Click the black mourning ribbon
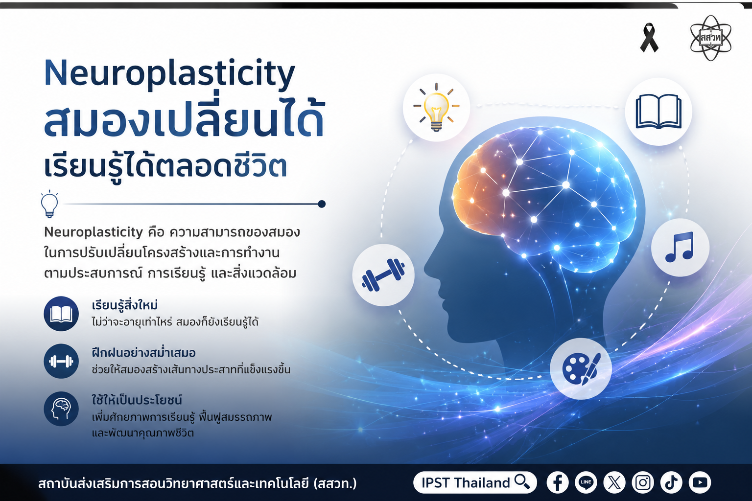coord(649,38)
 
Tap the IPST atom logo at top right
coord(710,38)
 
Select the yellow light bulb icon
coord(436,107)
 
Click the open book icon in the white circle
coord(658,112)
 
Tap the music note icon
coord(680,247)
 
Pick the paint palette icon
coord(581,368)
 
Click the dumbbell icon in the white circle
coord(383,275)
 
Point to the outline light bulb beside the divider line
coord(49,204)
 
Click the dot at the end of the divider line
coord(322,204)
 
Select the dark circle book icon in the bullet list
coord(61,314)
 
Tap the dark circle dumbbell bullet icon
coord(61,362)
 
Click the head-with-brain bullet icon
coord(61,409)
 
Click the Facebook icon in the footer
coord(558,482)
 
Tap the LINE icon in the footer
coord(586,482)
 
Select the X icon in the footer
coord(614,482)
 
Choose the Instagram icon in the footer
coord(643,482)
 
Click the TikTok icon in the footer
coord(671,482)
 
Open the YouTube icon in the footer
coord(700,482)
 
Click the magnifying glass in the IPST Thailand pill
coord(522,482)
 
